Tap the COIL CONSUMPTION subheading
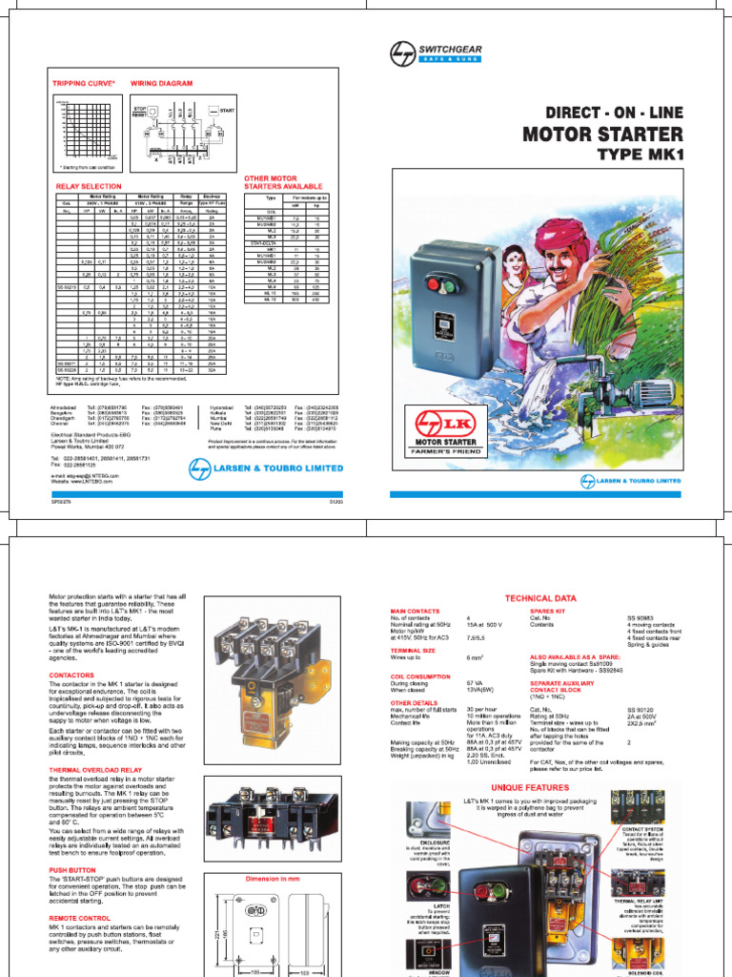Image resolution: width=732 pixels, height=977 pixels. (419, 675)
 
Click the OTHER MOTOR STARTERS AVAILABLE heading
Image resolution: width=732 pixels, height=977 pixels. (284, 183)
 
